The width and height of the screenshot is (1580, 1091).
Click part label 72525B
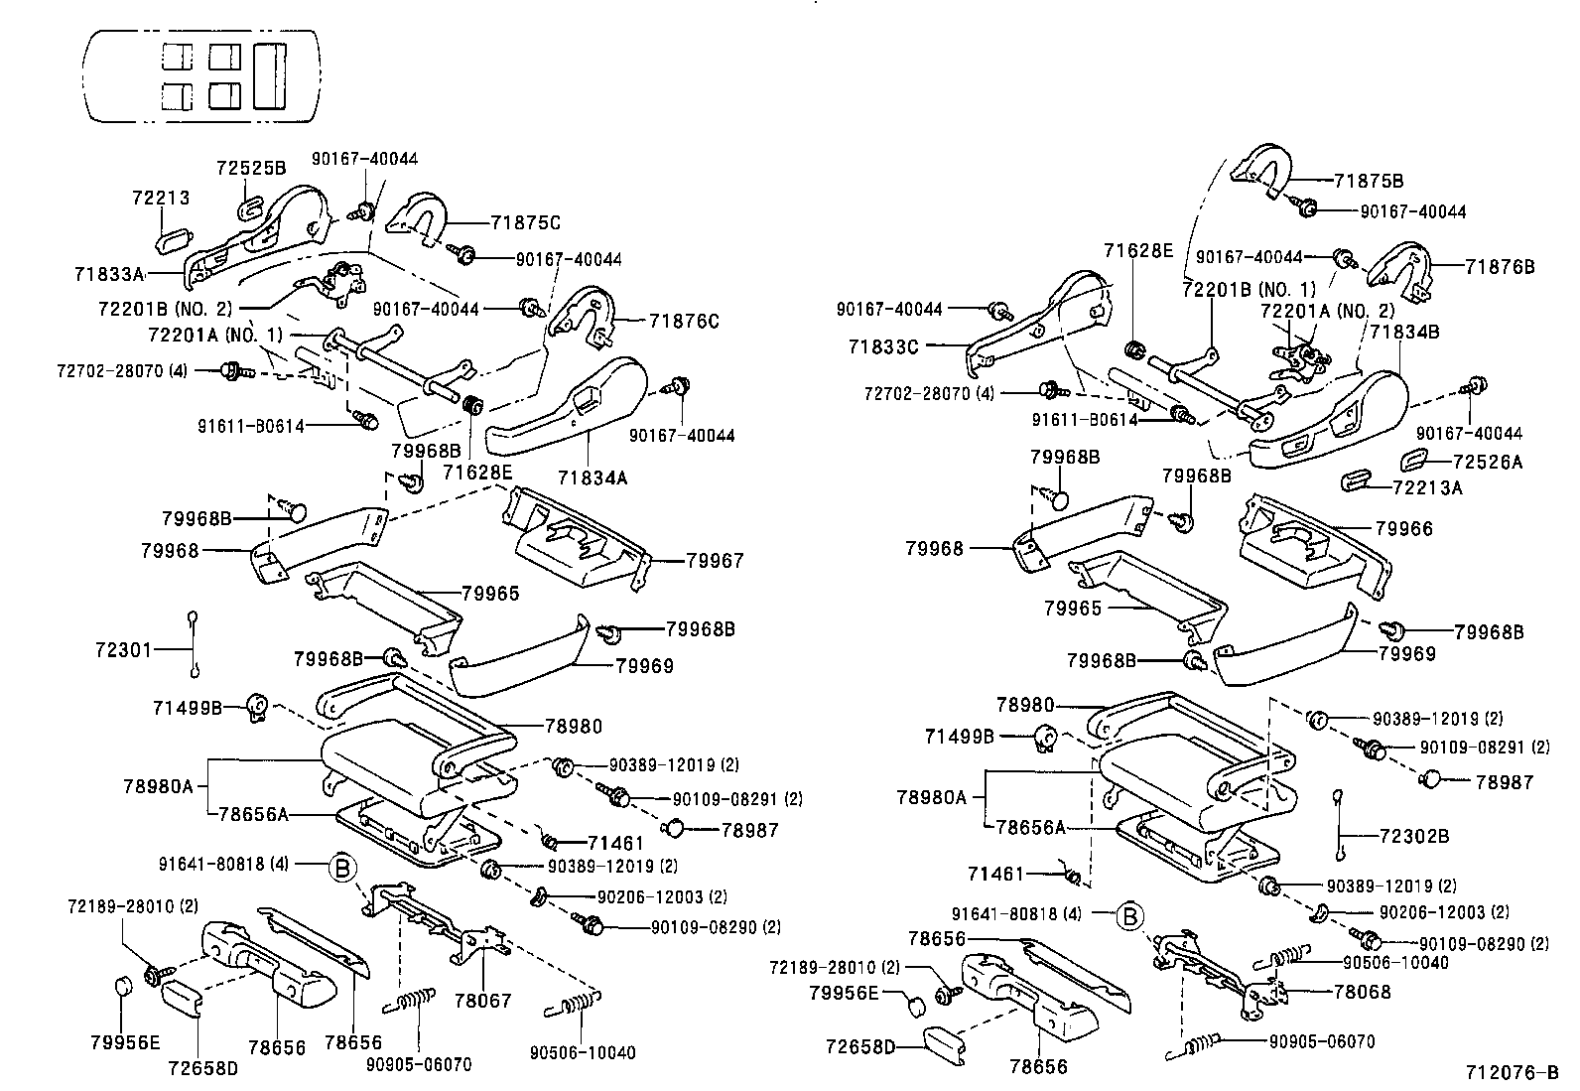[x=251, y=169]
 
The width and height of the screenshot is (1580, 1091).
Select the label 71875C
[x=526, y=223]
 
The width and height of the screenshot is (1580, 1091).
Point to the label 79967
[x=715, y=561]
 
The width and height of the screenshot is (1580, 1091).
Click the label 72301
[x=123, y=650]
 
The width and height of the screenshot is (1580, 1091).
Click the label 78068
[x=1362, y=992]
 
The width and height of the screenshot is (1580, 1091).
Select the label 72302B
[x=1413, y=837]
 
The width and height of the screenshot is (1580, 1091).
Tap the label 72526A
[x=1486, y=462]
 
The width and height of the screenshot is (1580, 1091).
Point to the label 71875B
[x=1369, y=182]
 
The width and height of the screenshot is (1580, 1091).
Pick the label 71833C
[x=883, y=346]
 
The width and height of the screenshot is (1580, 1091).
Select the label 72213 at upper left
[x=160, y=199]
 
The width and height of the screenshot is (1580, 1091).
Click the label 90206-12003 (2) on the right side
[x=1444, y=912]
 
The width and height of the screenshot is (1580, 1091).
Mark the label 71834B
[x=1404, y=332]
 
